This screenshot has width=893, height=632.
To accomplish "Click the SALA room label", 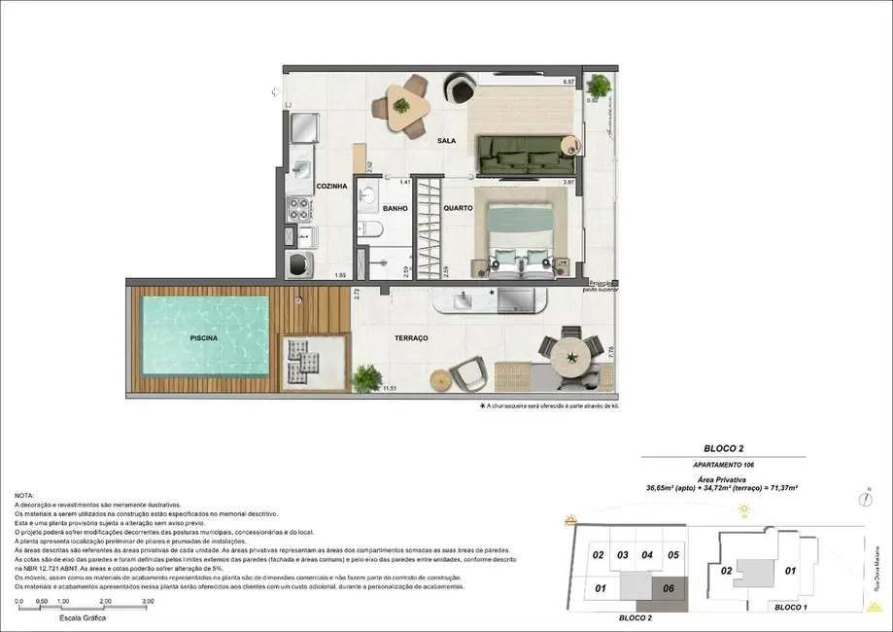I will point(446,141).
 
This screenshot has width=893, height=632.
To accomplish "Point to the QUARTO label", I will point(458,208).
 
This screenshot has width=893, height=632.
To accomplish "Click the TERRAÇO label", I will point(411,337).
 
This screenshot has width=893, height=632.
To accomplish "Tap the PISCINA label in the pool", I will point(204,337).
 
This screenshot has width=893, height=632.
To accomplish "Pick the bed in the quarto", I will point(520,233).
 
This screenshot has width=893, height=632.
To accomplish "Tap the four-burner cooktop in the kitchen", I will point(297,207).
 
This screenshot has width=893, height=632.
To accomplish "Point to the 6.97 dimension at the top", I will point(570,82).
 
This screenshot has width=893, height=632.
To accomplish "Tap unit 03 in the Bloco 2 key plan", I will point(622,556).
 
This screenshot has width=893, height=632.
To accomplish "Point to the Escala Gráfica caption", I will point(82,617).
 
